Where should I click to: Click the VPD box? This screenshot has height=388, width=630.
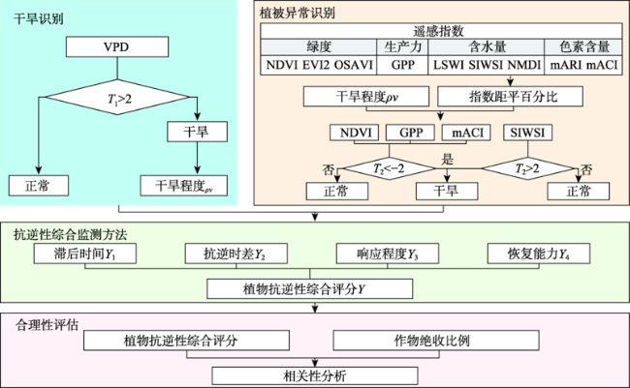[x=117, y=47]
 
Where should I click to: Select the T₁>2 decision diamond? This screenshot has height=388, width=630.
[x=117, y=97]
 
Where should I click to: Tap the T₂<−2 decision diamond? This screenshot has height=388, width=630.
[x=390, y=168]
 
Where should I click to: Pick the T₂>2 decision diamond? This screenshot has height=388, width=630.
[x=527, y=168]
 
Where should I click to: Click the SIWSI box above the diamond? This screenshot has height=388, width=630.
[x=527, y=133]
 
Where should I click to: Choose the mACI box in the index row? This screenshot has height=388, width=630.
[x=466, y=133]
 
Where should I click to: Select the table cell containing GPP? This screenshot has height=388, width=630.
[x=402, y=65]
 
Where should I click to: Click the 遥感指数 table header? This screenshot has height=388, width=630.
[x=441, y=31]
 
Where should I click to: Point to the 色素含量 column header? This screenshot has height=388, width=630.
[x=583, y=47]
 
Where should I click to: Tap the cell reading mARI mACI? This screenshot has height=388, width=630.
[x=583, y=65]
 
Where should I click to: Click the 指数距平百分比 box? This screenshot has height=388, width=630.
[x=510, y=97]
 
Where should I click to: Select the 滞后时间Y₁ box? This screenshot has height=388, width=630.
[x=84, y=254]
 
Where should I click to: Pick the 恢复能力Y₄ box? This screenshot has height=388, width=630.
[x=539, y=254]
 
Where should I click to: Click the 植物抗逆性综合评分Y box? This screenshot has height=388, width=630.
[x=310, y=288]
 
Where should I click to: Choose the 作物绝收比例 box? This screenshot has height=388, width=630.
[x=436, y=341]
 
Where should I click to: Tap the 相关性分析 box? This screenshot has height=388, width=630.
[x=315, y=376]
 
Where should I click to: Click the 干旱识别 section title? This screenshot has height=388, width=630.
[x=39, y=18]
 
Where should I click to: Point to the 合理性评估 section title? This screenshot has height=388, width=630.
[x=47, y=324]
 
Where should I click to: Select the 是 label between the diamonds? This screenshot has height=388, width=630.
[x=447, y=160]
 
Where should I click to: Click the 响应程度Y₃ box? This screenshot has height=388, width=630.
[x=388, y=254]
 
